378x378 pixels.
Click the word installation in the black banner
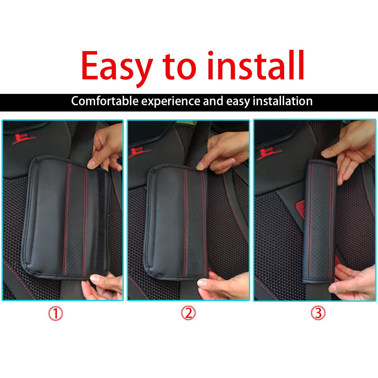(x=283, y=101)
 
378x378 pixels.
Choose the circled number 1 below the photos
(x=56, y=314)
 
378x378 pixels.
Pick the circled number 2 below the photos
(x=188, y=313)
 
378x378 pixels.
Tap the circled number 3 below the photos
(x=318, y=313)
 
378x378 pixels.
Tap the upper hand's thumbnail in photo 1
(x=92, y=163)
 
